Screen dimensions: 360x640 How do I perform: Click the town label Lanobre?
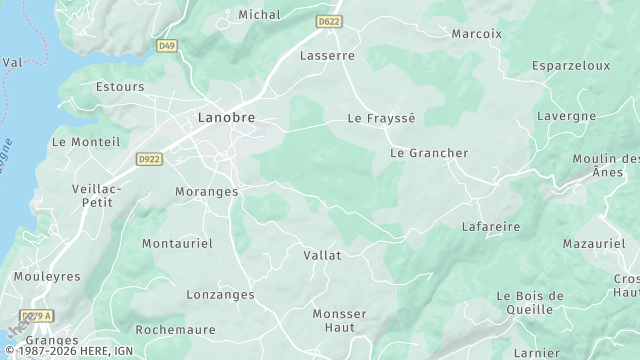[225, 118]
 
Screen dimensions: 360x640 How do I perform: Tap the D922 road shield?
[149, 158]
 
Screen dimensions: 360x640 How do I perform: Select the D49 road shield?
[166, 45]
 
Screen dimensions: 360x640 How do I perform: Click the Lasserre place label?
[327, 56]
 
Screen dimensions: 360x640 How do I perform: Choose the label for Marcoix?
[476, 33]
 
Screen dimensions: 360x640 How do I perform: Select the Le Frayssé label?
[380, 118]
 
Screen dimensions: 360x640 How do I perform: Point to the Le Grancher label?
[428, 153]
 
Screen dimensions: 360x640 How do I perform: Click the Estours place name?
[120, 87]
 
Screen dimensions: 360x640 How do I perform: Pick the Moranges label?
[206, 191]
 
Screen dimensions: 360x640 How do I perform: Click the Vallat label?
[322, 255]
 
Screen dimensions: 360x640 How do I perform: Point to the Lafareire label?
[491, 227]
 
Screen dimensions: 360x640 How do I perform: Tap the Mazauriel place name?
[593, 244]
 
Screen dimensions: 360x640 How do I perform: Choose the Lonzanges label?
[220, 295]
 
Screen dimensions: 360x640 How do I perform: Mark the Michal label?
[259, 15]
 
